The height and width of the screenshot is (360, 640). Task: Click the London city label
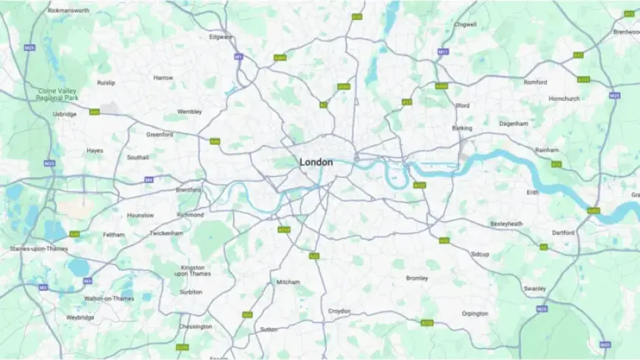[x=316, y=162]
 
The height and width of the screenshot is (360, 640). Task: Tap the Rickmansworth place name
[x=68, y=11]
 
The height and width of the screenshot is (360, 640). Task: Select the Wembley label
[x=189, y=111]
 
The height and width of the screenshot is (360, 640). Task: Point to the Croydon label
[x=339, y=311]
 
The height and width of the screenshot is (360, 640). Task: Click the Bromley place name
[x=417, y=278]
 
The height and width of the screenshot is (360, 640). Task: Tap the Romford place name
[x=536, y=82]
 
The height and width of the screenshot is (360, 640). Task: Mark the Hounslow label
[x=141, y=215]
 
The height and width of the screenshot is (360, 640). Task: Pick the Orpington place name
[x=474, y=314]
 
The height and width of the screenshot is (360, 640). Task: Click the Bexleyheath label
[x=506, y=223]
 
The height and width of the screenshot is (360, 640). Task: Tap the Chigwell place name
[x=465, y=24]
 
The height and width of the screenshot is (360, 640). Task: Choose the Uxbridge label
[x=65, y=114]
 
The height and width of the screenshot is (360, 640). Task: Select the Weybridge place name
[x=80, y=317]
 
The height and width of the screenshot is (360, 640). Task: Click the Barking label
[x=462, y=128]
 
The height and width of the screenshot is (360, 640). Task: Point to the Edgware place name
[x=221, y=37]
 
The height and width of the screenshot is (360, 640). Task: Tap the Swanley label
[x=535, y=289]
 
